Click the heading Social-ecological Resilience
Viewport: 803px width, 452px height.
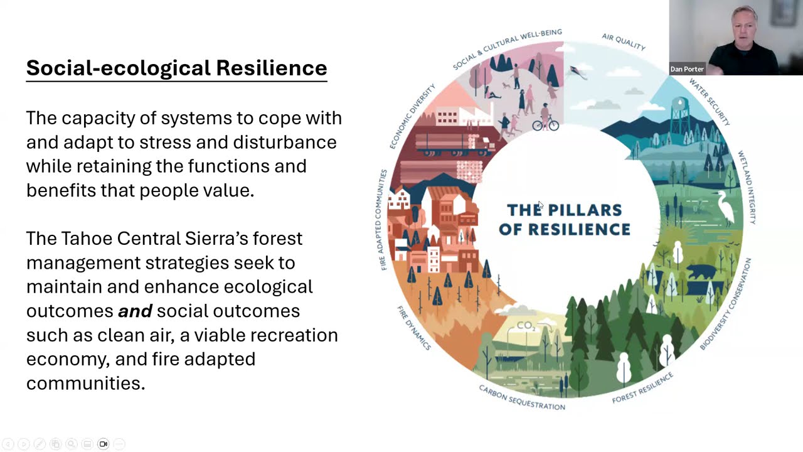pyautogui.click(x=176, y=68)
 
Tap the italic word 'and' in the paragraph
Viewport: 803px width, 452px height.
pyautogui.click(x=135, y=311)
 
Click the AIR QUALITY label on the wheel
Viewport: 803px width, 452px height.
pyautogui.click(x=624, y=41)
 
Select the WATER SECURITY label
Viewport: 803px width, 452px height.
pyautogui.click(x=710, y=101)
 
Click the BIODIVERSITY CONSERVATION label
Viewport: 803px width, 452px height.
pyautogui.click(x=726, y=304)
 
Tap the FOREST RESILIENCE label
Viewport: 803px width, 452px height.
pyautogui.click(x=642, y=387)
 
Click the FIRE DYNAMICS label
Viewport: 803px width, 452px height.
pyautogui.click(x=414, y=328)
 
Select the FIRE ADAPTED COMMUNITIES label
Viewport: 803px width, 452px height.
pyautogui.click(x=383, y=220)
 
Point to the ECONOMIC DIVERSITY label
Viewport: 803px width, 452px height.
pyautogui.click(x=412, y=117)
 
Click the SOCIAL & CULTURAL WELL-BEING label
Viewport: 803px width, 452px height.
pyautogui.click(x=507, y=48)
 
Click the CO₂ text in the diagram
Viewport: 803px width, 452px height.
pyautogui.click(x=526, y=326)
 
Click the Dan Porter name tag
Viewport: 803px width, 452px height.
pyautogui.click(x=687, y=69)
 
